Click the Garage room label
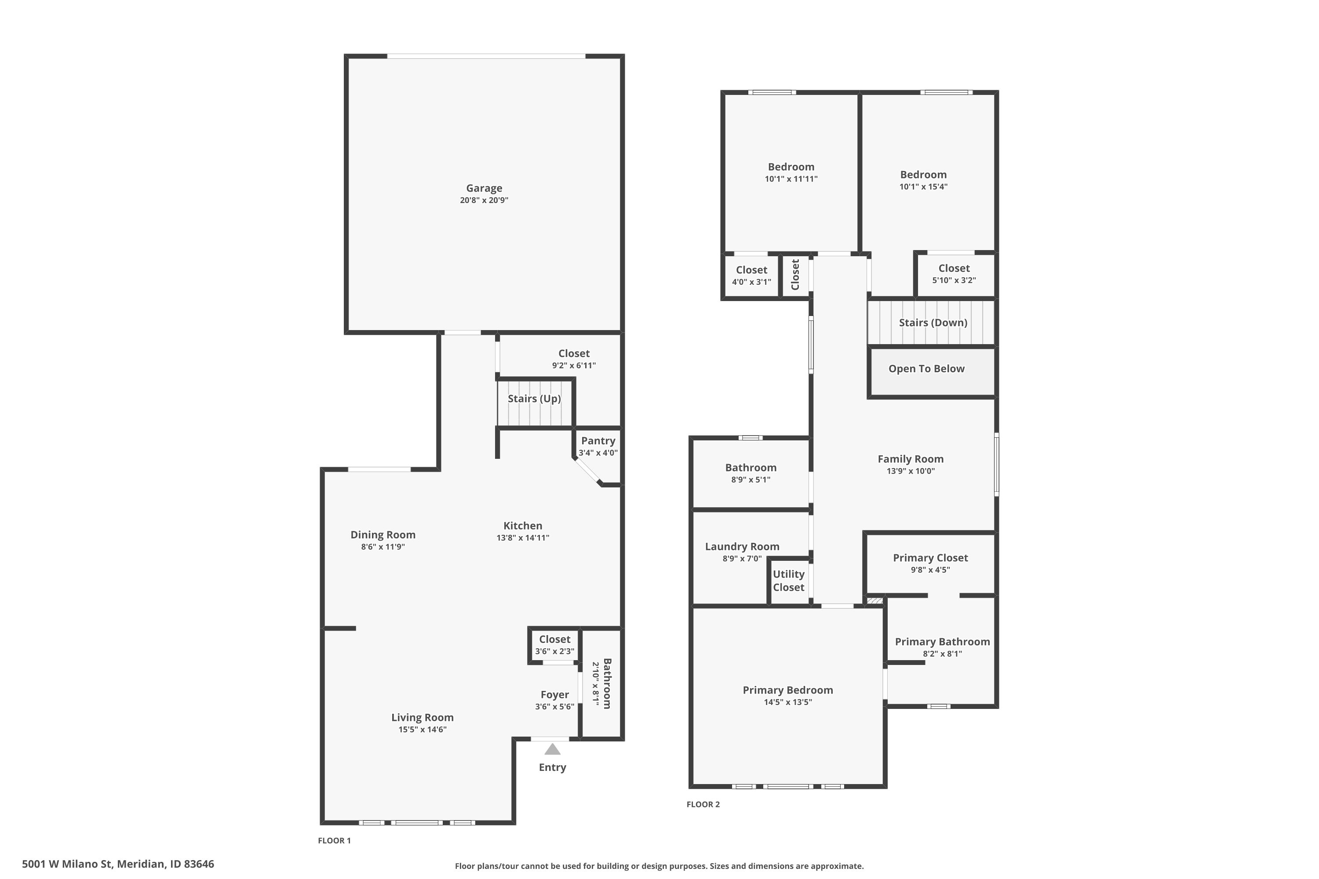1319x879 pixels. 484,189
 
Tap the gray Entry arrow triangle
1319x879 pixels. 552,749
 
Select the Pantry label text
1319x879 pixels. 598,441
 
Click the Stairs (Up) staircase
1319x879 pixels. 535,403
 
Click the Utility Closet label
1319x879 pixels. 788,581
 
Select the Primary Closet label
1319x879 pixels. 930,558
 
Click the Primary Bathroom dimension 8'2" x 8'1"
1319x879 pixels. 942,654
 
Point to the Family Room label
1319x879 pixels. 911,459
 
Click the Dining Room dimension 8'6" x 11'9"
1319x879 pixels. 383,547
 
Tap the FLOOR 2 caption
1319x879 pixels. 703,804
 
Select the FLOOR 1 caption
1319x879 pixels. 334,840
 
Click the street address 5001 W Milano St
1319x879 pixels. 67,864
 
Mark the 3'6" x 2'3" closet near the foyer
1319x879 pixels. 554,645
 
